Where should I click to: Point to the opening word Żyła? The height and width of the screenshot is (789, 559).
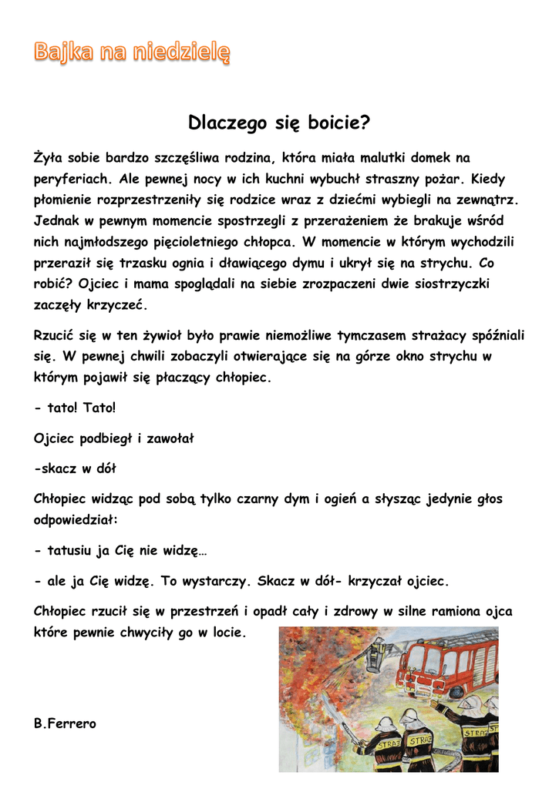coord(48,158)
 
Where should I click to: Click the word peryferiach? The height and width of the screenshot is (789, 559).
coord(73,180)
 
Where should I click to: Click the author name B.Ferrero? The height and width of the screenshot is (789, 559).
coord(66,724)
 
